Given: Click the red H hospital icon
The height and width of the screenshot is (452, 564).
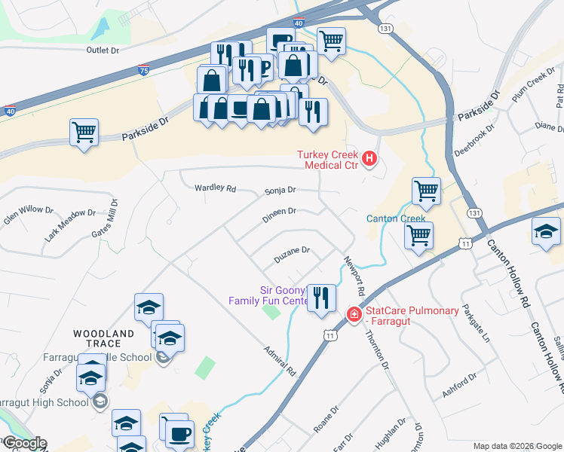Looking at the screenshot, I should [x=369, y=158].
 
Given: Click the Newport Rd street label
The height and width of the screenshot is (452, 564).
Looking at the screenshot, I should [x=354, y=275].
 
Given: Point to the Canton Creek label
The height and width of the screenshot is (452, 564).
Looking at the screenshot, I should [x=396, y=219].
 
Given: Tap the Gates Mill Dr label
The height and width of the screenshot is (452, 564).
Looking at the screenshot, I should [x=105, y=218].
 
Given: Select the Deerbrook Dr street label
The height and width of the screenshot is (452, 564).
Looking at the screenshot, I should [x=474, y=139].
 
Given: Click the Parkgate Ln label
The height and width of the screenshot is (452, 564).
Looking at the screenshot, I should [x=476, y=323].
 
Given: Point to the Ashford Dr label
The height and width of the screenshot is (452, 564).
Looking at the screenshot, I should [x=461, y=386].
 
